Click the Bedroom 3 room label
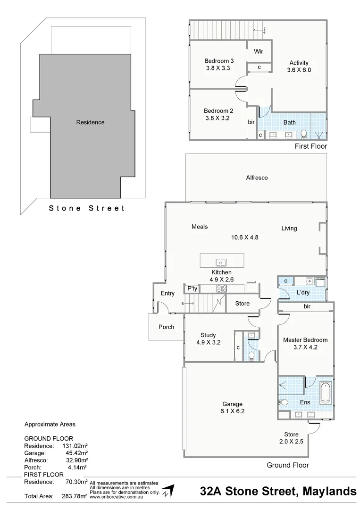pos(218,61)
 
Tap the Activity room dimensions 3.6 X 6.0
pos(299,70)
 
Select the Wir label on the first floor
pos(259,51)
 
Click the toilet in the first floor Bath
pos(304,134)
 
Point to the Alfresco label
pos(257,178)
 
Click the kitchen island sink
pos(221,262)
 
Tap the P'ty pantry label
pos(192,288)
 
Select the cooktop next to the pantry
pos(222,288)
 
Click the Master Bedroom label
pos(305,340)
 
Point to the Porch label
pos(166,327)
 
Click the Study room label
pos(208,335)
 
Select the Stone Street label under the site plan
pos(87,208)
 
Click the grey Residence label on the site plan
pos(90,122)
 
